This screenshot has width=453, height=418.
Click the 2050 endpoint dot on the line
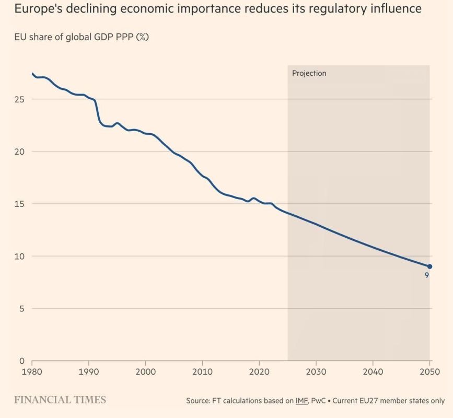(x=429, y=266)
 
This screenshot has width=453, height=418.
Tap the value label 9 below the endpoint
(x=426, y=275)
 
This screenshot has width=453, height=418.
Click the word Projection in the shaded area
(x=309, y=74)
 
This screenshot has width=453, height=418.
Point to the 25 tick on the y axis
(x=20, y=99)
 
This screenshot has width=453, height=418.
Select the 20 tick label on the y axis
(x=20, y=152)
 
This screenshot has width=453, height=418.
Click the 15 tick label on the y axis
(x=20, y=204)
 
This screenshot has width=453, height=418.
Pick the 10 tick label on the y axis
(x=20, y=256)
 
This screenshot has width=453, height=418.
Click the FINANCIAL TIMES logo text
(x=60, y=400)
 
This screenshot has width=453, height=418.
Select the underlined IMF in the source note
(x=301, y=401)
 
